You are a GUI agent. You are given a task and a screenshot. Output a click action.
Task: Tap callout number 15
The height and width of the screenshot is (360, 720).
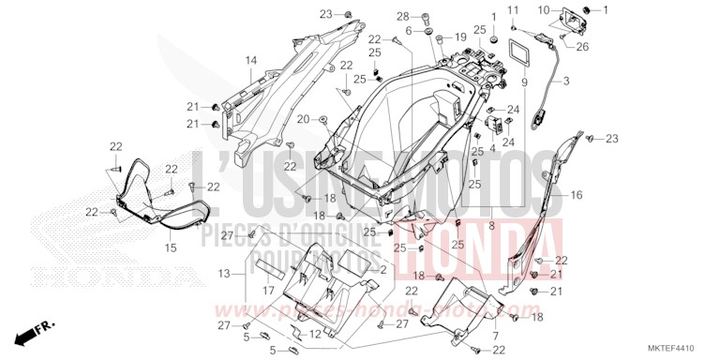tap(171, 247)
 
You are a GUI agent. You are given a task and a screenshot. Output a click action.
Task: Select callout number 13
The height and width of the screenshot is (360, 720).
tap(223, 273)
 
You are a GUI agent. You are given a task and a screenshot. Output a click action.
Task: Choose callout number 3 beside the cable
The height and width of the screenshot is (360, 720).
tap(566, 82)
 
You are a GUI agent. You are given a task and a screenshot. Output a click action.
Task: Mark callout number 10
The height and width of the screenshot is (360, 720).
tap(542, 9)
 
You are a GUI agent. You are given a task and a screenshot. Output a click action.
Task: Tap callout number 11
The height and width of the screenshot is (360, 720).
tap(513, 9)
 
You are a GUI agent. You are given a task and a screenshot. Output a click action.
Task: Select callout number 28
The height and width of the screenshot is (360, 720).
tap(427, 17)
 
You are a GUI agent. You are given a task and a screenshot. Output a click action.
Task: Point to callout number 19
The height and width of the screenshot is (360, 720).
tap(461, 37)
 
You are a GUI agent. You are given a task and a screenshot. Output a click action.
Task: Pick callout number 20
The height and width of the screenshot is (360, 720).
tap(303, 119)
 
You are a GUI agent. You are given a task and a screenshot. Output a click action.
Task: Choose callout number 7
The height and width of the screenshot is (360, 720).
tap(495, 333)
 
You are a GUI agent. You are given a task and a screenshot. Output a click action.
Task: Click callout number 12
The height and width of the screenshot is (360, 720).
tap(316, 334)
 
